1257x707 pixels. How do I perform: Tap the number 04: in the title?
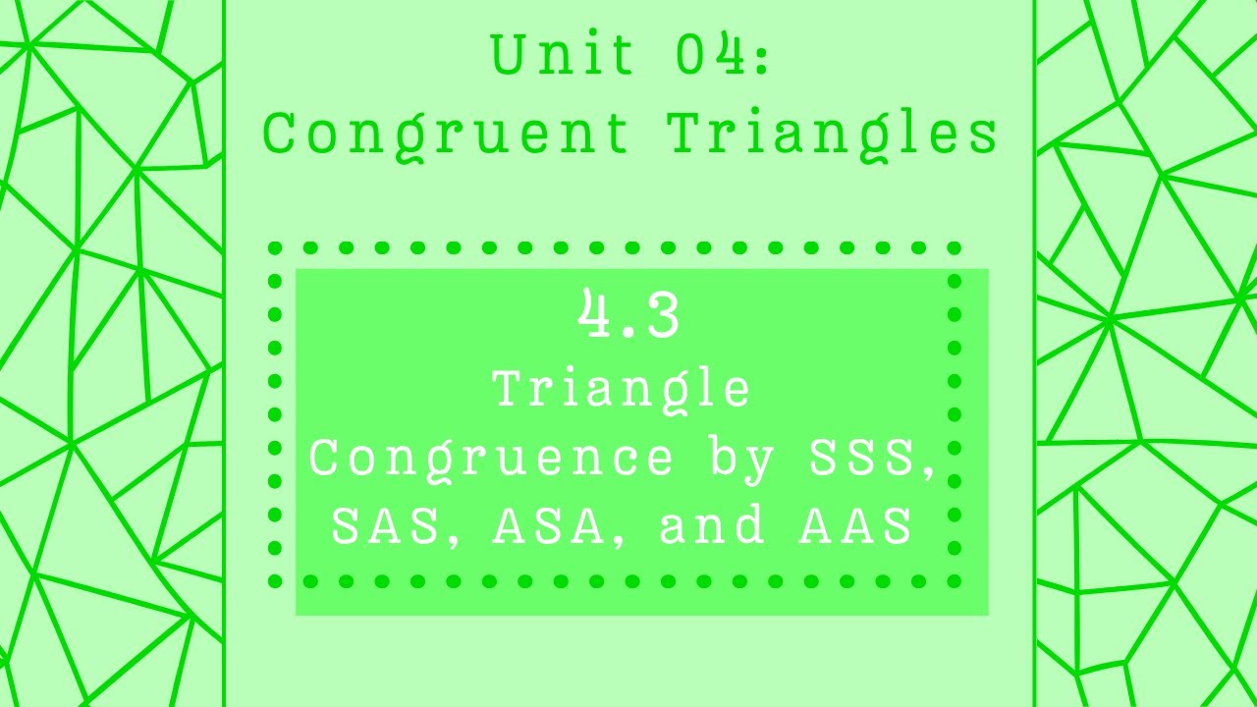(722, 55)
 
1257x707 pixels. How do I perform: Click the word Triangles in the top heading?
(834, 134)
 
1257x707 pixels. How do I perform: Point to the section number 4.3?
(629, 315)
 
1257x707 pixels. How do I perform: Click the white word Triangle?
(622, 390)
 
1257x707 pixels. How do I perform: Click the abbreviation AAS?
(856, 526)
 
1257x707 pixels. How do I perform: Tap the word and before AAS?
(713, 526)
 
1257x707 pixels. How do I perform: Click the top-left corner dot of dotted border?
(275, 248)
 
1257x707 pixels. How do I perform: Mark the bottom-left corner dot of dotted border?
(275, 581)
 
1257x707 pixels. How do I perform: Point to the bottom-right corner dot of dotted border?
(955, 581)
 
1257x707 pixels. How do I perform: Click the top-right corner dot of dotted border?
(955, 248)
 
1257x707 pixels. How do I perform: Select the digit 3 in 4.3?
(661, 316)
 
